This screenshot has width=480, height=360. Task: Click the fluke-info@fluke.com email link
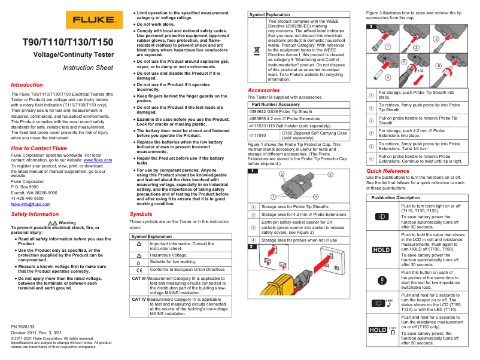tap(31, 204)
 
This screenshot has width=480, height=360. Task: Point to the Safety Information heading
tap(35, 213)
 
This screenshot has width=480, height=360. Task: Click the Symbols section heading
tap(141, 213)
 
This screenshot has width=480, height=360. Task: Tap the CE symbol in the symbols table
tap(139, 269)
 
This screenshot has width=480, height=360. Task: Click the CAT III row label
tap(139, 278)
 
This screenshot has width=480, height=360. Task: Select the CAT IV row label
tap(139, 299)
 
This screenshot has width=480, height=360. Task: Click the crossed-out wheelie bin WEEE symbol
tap(256, 50)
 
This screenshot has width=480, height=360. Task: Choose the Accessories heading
tap(264, 90)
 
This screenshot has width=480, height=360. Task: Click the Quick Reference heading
tap(388, 170)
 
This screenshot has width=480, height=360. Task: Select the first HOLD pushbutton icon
tap(381, 250)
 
